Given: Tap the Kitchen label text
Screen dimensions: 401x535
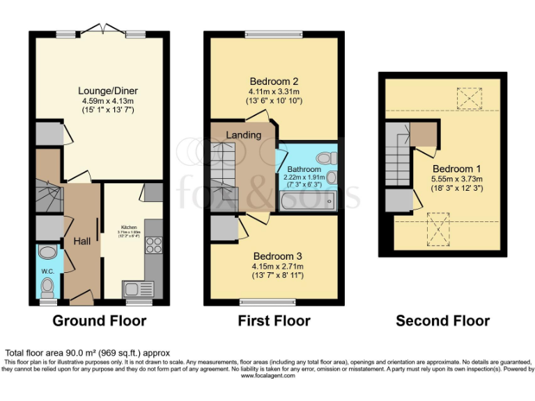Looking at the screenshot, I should pyautogui.click(x=130, y=228).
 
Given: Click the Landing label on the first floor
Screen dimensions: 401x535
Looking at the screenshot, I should pyautogui.click(x=244, y=134).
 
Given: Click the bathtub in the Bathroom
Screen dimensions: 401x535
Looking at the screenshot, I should pyautogui.click(x=307, y=202).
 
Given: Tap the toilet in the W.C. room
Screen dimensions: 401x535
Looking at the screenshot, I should pyautogui.click(x=47, y=286).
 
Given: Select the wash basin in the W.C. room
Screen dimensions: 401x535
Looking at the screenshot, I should pyautogui.click(x=47, y=253).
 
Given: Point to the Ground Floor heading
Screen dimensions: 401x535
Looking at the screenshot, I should pyautogui.click(x=100, y=321).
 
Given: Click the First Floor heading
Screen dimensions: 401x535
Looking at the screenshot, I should pyautogui.click(x=274, y=321).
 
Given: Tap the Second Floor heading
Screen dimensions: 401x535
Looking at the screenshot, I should pyautogui.click(x=442, y=321).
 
